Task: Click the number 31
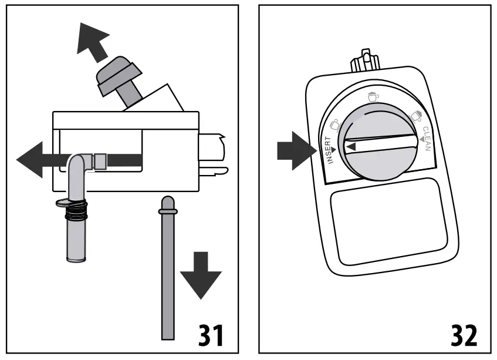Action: tap(208, 334)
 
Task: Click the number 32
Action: tap(463, 334)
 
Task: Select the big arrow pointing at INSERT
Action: tap(293, 150)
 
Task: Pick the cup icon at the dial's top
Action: tap(372, 96)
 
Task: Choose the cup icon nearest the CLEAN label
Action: tap(416, 115)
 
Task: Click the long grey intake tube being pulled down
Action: tap(167, 270)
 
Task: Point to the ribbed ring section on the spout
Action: tap(76, 211)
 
